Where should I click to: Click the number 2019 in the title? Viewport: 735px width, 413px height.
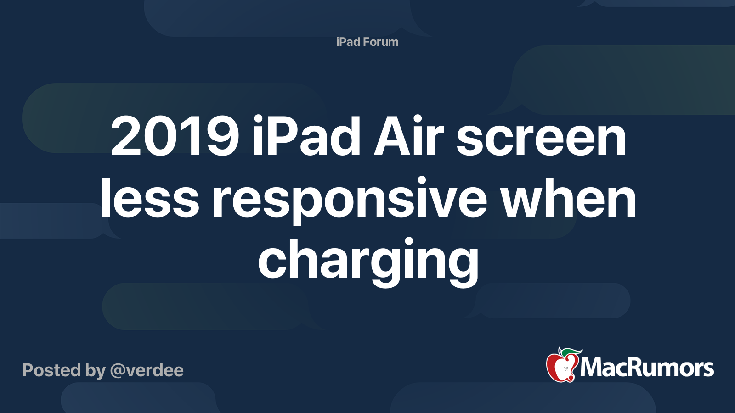(175, 136)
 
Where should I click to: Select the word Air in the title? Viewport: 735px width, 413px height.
(408, 136)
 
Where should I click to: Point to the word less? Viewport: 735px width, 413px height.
(149, 197)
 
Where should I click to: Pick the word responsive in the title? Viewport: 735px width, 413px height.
(350, 201)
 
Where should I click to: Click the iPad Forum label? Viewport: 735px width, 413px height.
(367, 42)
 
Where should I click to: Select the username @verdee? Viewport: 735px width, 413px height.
(147, 370)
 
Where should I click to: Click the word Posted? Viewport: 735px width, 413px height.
(51, 370)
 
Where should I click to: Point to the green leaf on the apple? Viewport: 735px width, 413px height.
(571, 352)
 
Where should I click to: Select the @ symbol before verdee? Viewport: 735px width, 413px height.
(118, 371)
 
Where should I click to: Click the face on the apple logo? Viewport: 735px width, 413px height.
(565, 369)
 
